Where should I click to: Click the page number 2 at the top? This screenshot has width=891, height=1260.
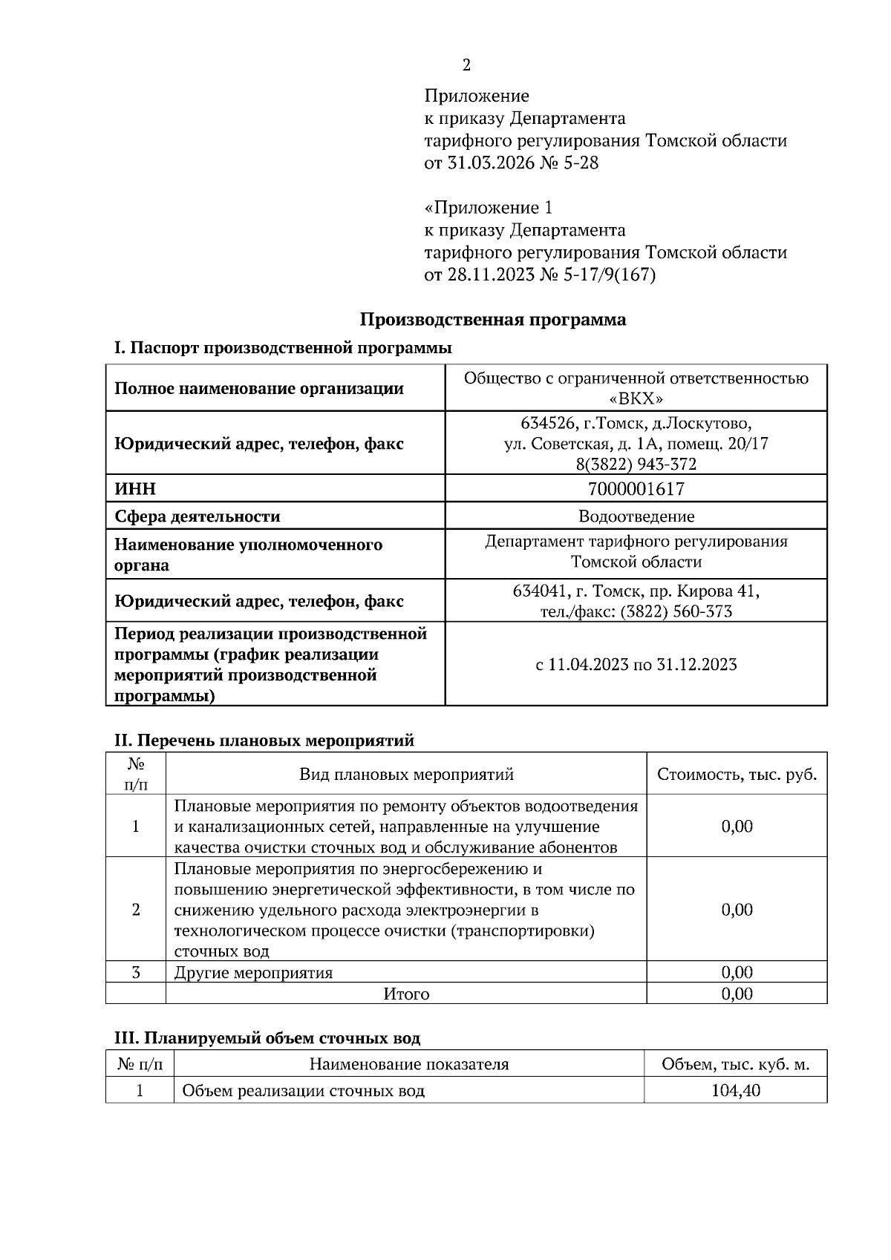coord(466,65)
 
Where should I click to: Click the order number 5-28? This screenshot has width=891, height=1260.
coord(578,163)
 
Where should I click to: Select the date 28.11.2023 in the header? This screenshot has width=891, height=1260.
coord(489,275)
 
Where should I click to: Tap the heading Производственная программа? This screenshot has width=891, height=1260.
coord(493,320)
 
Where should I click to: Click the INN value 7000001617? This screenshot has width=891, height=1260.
coord(636,489)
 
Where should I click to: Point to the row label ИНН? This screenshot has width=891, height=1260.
coord(135,490)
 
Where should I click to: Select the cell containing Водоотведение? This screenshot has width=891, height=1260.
coord(636,516)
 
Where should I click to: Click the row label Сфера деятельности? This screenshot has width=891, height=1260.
coord(197,516)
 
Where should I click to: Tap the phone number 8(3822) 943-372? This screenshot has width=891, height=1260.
coord(636,465)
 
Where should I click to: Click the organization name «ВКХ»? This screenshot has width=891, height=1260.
coord(636,398)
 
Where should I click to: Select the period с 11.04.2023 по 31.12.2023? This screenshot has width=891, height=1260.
coord(636,664)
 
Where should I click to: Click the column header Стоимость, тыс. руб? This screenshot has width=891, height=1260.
coord(737,775)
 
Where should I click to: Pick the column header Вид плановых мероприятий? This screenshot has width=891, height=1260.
coord(406,775)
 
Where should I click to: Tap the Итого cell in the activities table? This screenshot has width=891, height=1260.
coord(406,994)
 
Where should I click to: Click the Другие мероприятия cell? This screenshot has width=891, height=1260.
coord(253,972)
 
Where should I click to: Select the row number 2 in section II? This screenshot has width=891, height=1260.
coord(136,910)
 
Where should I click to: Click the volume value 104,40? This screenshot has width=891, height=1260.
coord(735,1091)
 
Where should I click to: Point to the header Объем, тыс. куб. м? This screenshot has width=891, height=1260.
coord(735,1065)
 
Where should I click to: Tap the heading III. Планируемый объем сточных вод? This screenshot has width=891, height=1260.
coord(267,1038)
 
